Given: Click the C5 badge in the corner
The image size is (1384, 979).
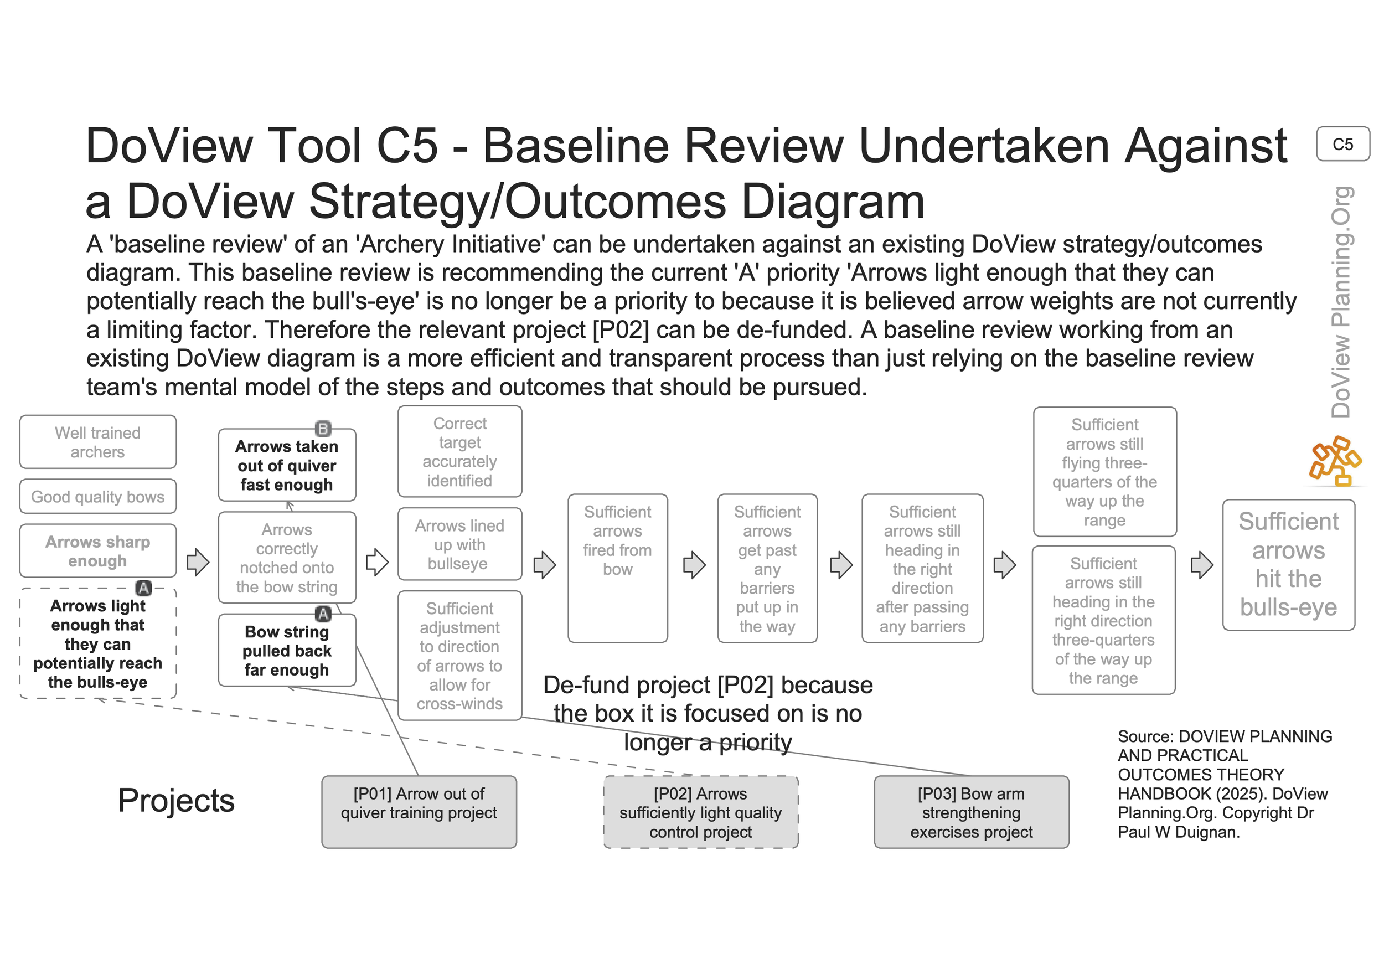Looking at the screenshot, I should (1342, 144).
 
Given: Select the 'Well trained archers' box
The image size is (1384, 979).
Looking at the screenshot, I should (97, 442).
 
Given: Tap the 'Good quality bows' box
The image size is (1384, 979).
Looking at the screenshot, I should (97, 497).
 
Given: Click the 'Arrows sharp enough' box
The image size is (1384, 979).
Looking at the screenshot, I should (97, 551).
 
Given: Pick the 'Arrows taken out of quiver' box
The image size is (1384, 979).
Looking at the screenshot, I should (287, 465).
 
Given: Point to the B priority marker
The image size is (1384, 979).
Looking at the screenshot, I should (323, 429).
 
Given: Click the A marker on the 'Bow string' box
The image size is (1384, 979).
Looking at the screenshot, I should (323, 614).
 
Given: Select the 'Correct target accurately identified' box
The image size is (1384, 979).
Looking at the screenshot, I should (459, 451).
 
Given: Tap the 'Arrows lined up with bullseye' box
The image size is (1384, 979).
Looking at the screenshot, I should (459, 544).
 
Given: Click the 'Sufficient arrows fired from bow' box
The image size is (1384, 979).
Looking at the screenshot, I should (617, 568).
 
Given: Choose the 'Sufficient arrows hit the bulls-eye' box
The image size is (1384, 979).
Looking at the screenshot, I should (1288, 565).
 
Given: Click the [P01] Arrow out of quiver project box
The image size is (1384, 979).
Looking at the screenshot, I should (419, 811).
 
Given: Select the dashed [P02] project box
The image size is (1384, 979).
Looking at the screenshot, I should (700, 812).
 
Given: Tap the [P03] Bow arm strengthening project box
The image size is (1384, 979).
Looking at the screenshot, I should (971, 812).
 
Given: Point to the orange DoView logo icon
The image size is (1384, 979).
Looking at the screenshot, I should (1335, 461).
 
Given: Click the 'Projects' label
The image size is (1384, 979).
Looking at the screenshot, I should (176, 801).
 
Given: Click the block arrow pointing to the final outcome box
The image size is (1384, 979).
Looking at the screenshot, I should (1202, 565).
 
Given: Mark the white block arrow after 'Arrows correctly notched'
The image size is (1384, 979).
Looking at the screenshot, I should (378, 563).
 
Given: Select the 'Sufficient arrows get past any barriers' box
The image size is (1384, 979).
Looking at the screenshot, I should (767, 568).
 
